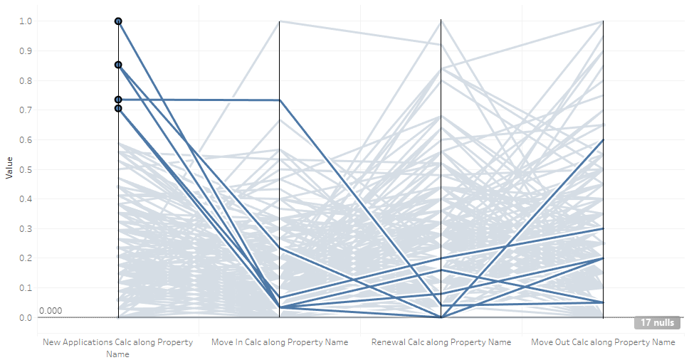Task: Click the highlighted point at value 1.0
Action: (x=118, y=21)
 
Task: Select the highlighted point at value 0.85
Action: (x=118, y=65)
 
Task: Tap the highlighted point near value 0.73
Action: (x=118, y=100)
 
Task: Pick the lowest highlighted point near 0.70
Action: (x=118, y=108)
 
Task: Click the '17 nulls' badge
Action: (x=656, y=322)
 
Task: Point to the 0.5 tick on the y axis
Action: (x=26, y=169)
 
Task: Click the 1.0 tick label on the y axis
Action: (x=26, y=21)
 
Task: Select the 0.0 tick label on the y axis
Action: (x=26, y=317)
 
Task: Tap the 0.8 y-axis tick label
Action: (x=26, y=80)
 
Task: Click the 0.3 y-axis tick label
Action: (x=26, y=228)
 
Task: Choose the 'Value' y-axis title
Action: (x=9, y=169)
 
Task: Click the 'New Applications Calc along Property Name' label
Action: (x=118, y=347)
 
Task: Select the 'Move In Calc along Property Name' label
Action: (x=280, y=342)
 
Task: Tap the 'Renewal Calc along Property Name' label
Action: (x=441, y=342)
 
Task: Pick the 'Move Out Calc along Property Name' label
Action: (x=603, y=342)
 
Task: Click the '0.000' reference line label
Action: (x=51, y=311)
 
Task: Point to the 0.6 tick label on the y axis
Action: (x=26, y=139)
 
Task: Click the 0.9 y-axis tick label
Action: (x=26, y=51)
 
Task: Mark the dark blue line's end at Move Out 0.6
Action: (x=603, y=140)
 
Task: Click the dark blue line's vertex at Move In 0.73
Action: (x=280, y=100)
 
